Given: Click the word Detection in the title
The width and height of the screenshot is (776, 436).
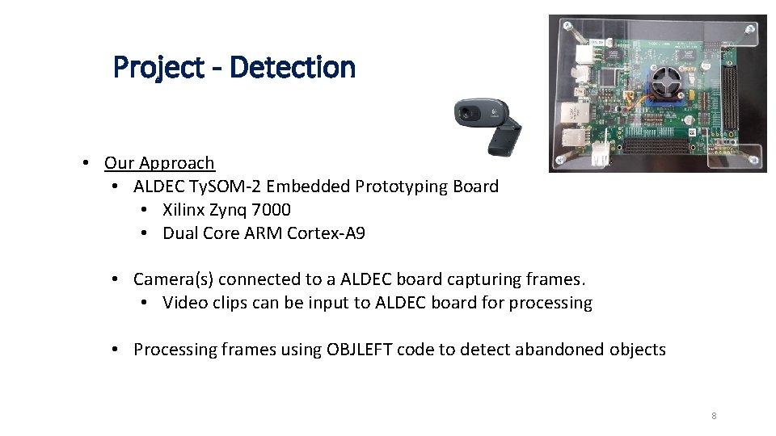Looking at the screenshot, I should [x=293, y=67].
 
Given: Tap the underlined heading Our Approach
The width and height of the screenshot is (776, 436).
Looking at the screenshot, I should [x=159, y=163].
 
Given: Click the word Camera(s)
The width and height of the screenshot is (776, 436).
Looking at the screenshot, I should [x=172, y=279].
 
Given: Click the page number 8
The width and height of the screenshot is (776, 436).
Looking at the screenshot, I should [x=714, y=417].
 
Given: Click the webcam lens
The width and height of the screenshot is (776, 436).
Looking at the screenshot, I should [x=466, y=114].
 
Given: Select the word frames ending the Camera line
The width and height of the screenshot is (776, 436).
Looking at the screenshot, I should [x=555, y=279].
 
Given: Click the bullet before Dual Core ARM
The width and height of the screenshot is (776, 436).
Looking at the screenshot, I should [x=144, y=234].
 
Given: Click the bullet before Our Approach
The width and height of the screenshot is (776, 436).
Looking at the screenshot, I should [x=86, y=164].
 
